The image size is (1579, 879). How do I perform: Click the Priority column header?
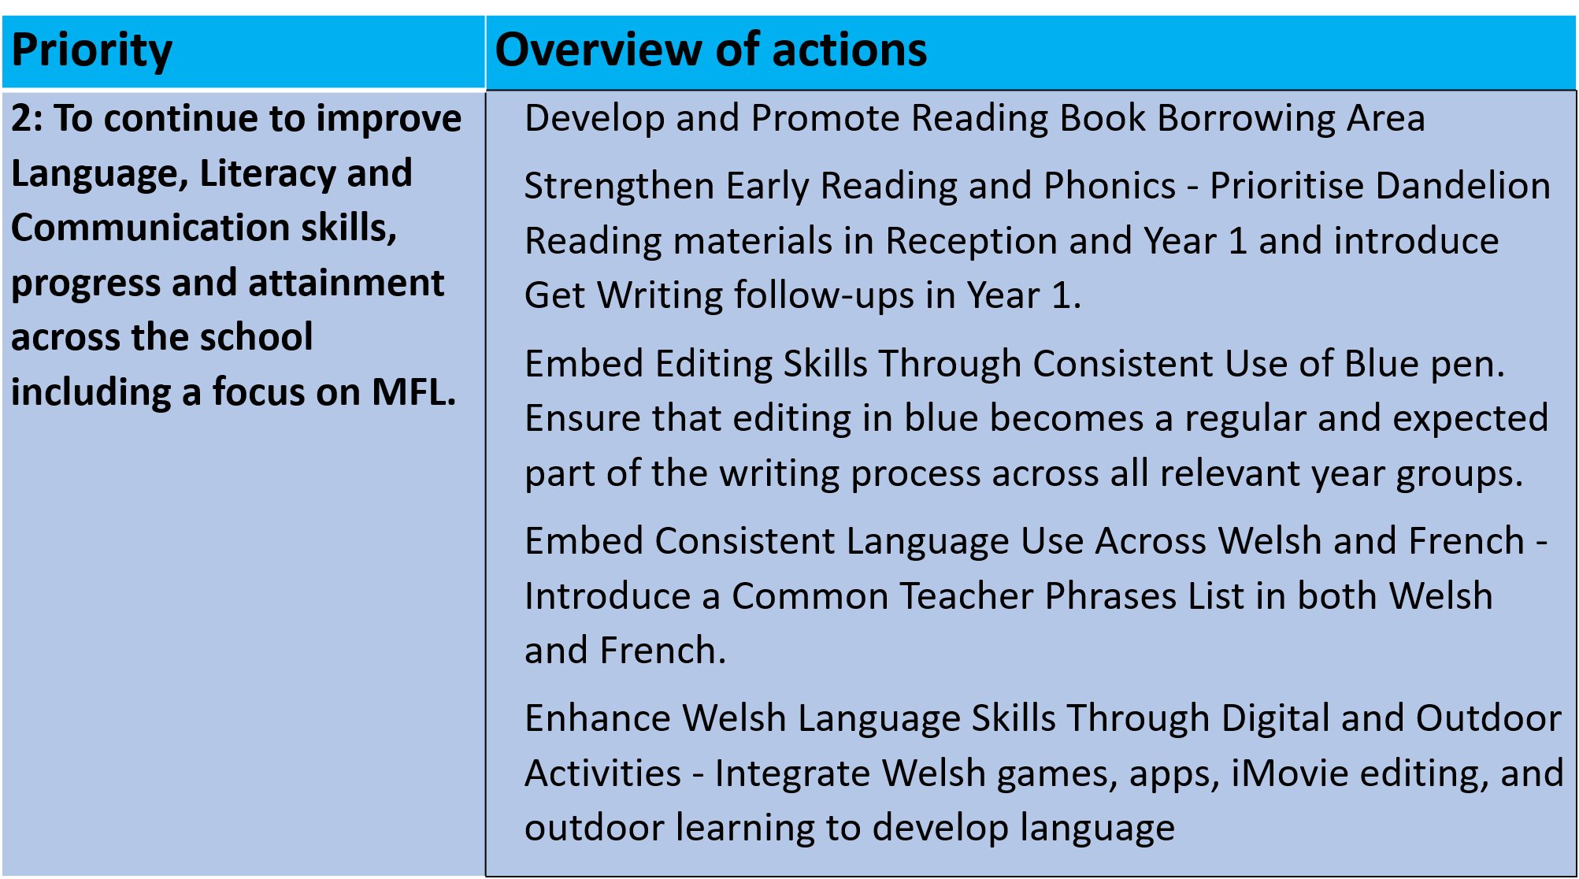coord(91,51)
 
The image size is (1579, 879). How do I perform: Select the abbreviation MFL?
coord(414,392)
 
